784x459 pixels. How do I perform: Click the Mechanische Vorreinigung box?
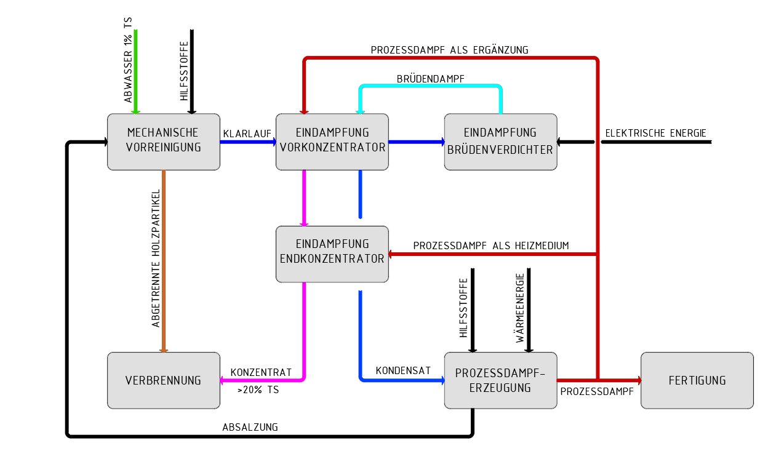(164, 142)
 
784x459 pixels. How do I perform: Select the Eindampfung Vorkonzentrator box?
(332, 142)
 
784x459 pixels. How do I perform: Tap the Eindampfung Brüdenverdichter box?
(500, 142)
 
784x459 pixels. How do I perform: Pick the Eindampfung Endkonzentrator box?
(332, 254)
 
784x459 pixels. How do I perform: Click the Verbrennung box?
(164, 380)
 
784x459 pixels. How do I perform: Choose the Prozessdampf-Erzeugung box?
(500, 380)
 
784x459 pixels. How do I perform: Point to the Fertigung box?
(697, 380)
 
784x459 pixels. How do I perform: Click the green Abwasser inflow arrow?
(135, 72)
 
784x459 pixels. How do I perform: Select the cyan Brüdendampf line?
(431, 86)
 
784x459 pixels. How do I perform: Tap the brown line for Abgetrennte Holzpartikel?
(164, 261)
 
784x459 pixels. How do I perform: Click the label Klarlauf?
(247, 134)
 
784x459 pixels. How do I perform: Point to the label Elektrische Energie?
(655, 133)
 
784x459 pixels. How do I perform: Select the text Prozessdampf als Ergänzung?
(449, 50)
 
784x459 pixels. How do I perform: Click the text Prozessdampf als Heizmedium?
(490, 245)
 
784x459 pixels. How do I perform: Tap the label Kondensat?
(403, 370)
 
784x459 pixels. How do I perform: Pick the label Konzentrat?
(261, 372)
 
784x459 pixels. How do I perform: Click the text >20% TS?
(258, 389)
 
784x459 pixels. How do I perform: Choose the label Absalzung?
(250, 427)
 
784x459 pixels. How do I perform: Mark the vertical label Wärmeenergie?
(520, 308)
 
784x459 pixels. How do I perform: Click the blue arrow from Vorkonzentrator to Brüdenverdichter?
(417, 142)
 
